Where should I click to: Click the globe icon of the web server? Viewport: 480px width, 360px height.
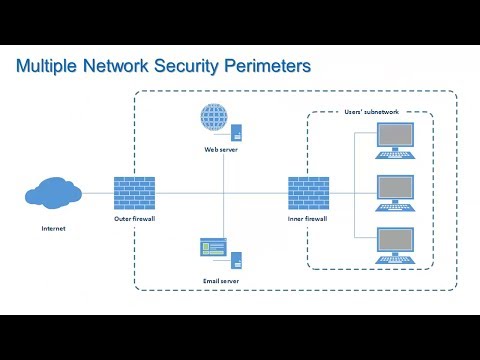pos(213,121)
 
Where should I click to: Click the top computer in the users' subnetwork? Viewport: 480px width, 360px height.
pos(394,141)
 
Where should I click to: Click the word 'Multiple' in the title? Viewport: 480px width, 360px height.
pos(51,67)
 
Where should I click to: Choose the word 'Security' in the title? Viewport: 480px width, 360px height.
pos(185,67)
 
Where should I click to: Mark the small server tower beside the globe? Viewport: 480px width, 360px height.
pos(237,130)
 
